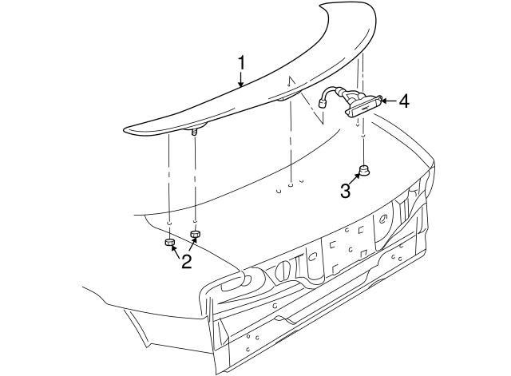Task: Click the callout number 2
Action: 186,261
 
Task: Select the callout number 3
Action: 345,191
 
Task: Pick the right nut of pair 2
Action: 195,234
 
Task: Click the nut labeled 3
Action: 363,169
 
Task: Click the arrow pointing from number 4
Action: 385,101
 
